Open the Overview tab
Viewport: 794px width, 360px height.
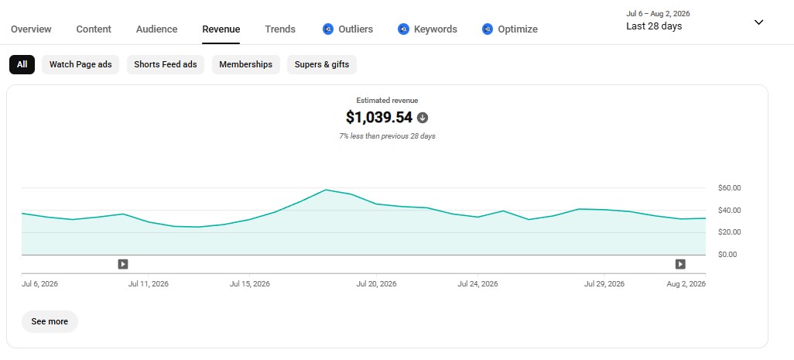click(x=31, y=29)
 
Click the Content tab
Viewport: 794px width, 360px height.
click(x=94, y=29)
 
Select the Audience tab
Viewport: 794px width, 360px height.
click(x=156, y=29)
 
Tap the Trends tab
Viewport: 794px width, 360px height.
click(x=280, y=29)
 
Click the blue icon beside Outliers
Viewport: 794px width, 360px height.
click(x=328, y=29)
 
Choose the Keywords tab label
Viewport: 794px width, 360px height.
click(x=436, y=29)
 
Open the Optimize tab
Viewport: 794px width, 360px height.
click(x=518, y=29)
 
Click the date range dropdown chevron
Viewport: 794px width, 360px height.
click(x=758, y=22)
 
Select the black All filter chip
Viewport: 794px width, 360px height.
click(x=22, y=65)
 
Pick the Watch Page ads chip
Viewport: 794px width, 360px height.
click(x=80, y=65)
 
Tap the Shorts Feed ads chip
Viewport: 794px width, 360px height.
click(x=166, y=65)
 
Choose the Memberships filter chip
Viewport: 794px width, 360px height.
click(x=245, y=65)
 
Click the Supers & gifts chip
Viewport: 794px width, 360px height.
click(x=322, y=65)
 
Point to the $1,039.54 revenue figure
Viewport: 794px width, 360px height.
click(x=379, y=118)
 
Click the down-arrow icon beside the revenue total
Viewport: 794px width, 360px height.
click(x=423, y=118)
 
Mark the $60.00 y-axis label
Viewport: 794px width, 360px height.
click(x=729, y=188)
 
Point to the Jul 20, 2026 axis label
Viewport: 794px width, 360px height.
click(x=376, y=284)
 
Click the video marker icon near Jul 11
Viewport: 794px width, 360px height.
click(x=123, y=264)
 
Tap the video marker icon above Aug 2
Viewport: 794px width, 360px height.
click(x=680, y=264)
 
